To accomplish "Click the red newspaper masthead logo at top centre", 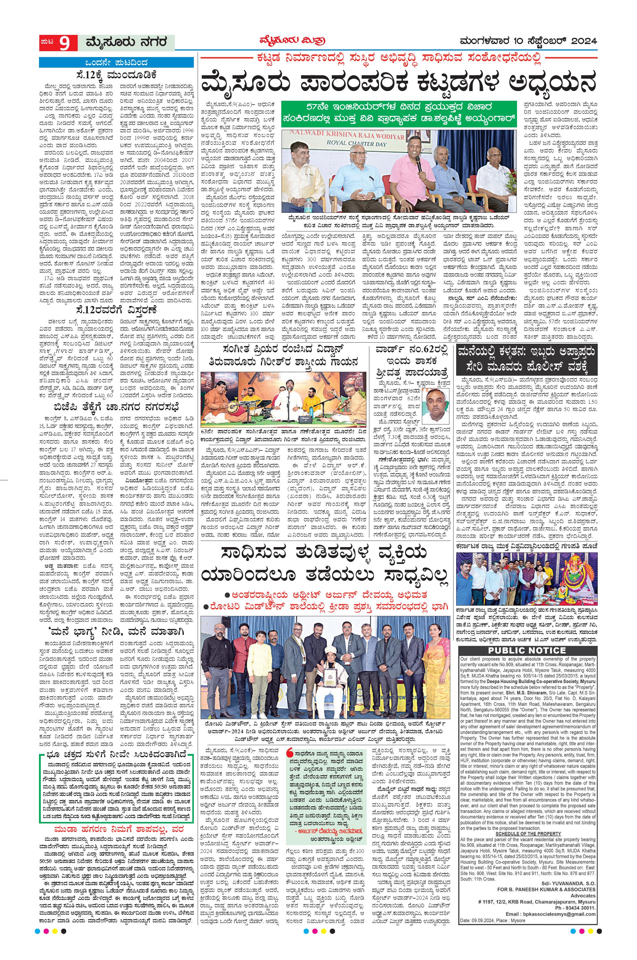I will (x=292, y=41).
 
